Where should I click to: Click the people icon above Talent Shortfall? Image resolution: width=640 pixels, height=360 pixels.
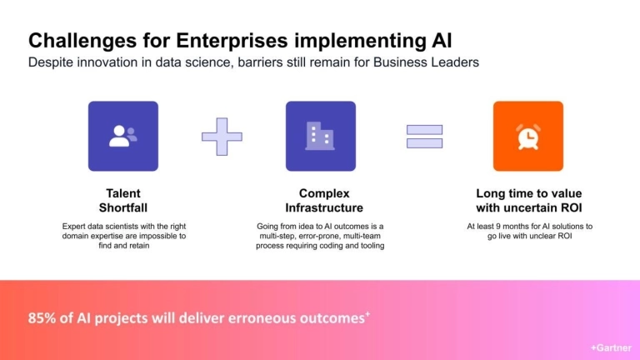pyautogui.click(x=122, y=136)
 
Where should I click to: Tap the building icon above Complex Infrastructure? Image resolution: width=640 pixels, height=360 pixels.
pyautogui.click(x=320, y=136)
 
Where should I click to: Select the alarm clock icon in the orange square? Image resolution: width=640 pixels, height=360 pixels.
pyautogui.click(x=527, y=136)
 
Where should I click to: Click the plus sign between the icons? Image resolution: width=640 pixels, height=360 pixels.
pyautogui.click(x=222, y=136)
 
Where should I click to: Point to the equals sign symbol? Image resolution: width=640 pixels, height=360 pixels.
pyautogui.click(x=424, y=136)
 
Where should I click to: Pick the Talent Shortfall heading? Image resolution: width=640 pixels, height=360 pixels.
pyautogui.click(x=122, y=200)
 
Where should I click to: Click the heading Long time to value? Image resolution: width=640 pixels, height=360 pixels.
pyautogui.click(x=527, y=193)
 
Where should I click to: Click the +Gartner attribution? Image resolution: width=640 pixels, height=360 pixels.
pyautogui.click(x=611, y=348)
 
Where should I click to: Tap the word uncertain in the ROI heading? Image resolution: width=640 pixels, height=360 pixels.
pyautogui.click(x=527, y=207)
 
